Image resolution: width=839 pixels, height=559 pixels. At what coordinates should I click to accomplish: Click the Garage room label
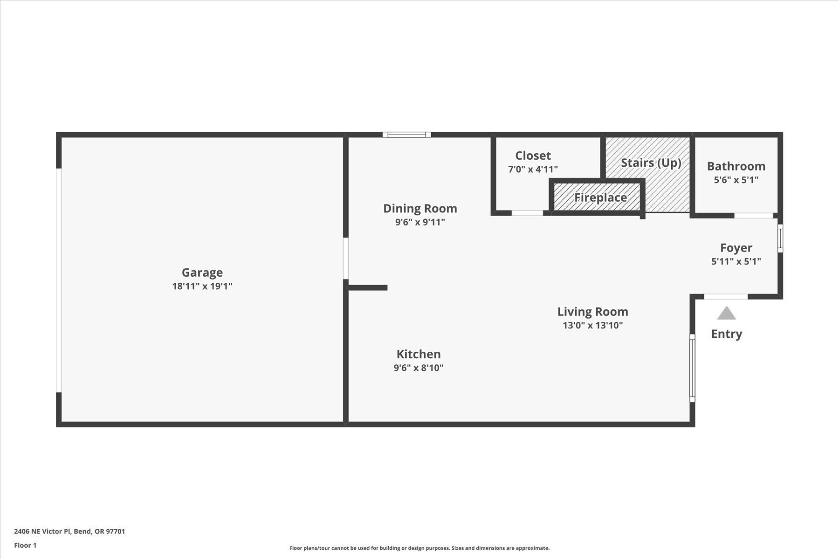tap(202, 273)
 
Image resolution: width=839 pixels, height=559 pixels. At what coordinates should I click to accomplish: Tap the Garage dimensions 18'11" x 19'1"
tap(202, 286)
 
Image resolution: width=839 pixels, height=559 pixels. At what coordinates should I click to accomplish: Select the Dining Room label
tap(420, 208)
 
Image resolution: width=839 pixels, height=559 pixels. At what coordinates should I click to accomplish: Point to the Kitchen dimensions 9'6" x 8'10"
tap(418, 368)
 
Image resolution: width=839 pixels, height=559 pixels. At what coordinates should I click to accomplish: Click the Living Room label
tap(592, 312)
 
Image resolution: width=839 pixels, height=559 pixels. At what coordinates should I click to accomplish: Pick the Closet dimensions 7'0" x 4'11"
tap(533, 169)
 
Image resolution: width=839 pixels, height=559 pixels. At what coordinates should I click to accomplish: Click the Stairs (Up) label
tap(651, 163)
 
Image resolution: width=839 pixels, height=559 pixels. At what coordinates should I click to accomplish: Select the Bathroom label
tap(736, 166)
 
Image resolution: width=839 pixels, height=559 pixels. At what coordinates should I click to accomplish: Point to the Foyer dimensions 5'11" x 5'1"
tap(736, 261)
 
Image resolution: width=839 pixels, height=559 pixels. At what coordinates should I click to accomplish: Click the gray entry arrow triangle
tap(726, 314)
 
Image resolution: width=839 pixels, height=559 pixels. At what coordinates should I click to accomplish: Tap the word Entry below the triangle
tap(726, 334)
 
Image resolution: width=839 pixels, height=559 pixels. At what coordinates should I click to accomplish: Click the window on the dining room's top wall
tap(406, 135)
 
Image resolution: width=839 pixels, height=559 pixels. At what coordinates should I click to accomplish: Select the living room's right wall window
tap(692, 368)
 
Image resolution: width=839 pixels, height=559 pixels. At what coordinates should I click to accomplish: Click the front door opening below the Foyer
tap(725, 297)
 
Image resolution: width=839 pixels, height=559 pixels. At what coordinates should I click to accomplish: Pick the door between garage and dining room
tap(346, 259)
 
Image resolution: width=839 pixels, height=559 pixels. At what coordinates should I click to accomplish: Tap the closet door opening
tap(527, 213)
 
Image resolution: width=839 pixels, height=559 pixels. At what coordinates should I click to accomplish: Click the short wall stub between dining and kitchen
tap(368, 288)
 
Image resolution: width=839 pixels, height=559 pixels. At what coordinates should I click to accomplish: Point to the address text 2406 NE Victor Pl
tap(69, 531)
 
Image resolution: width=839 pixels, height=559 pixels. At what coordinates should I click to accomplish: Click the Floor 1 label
tap(25, 545)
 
